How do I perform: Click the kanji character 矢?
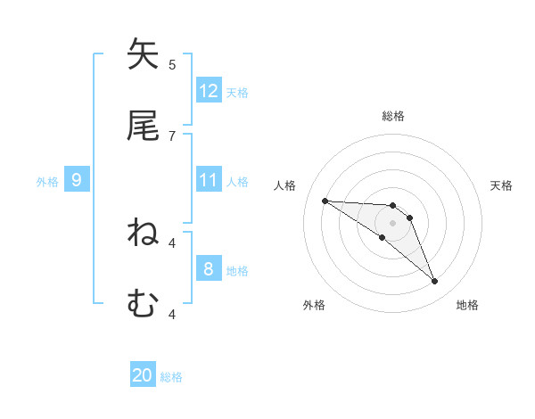143,55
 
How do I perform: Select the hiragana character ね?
143,234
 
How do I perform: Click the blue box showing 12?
209,91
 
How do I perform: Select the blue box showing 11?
209,181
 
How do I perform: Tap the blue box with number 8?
209,270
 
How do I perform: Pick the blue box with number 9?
77,181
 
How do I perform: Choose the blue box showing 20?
143,376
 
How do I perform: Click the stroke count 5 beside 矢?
172,64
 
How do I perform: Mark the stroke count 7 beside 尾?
172,136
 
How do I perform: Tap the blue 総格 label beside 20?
171,377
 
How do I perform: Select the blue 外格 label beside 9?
47,182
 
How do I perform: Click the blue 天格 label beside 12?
237,92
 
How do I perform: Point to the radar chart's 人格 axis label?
285,185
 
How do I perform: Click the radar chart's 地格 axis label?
467,305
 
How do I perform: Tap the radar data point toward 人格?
325,201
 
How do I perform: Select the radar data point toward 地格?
434,282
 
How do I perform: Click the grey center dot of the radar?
392,223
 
